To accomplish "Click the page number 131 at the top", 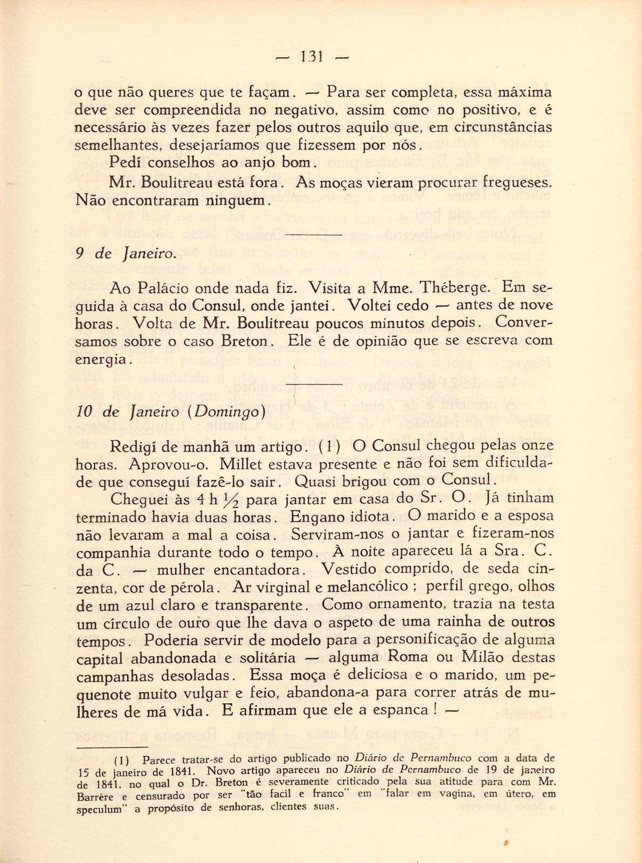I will (x=312, y=57).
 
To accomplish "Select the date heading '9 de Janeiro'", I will (x=126, y=254).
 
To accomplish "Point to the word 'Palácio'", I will (x=160, y=289).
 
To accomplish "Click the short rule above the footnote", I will (x=112, y=747).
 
